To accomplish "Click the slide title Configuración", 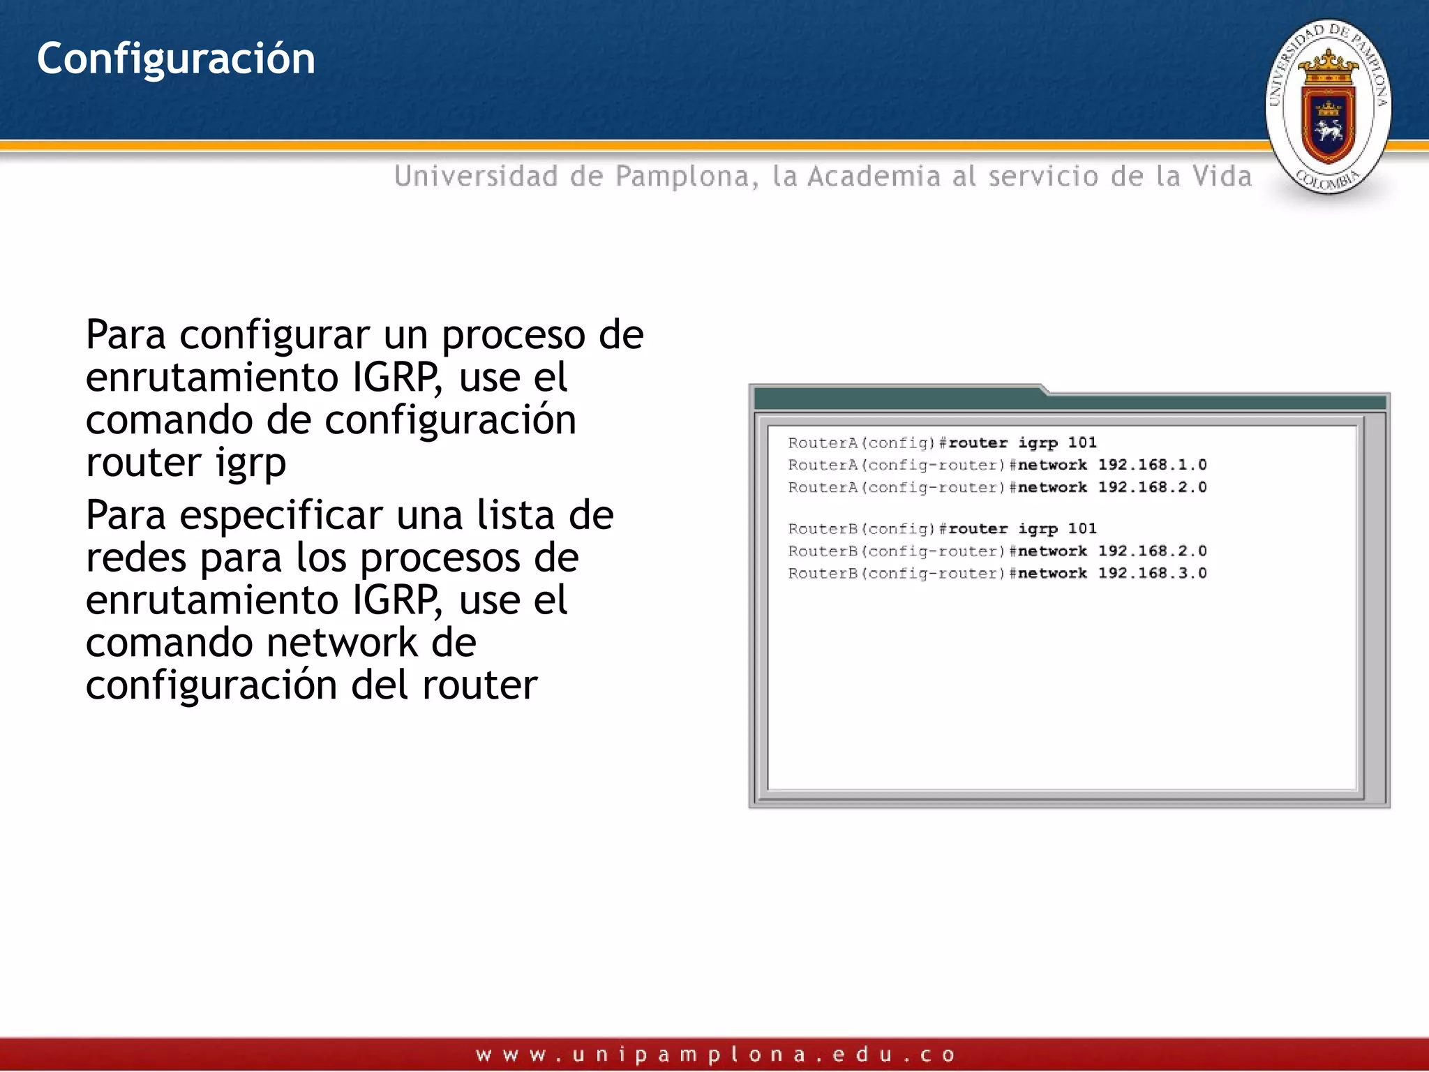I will pyautogui.click(x=176, y=59).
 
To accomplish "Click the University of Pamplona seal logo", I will pyautogui.click(x=1328, y=107).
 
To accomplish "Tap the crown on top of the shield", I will pyautogui.click(x=1328, y=66).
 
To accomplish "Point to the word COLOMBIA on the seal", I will pyautogui.click(x=1328, y=179).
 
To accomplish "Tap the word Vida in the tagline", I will pyautogui.click(x=1222, y=176).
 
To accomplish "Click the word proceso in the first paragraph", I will pyautogui.click(x=514, y=336).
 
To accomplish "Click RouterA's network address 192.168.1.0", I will pyautogui.click(x=1152, y=465).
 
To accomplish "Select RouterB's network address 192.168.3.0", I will pyautogui.click(x=1152, y=573).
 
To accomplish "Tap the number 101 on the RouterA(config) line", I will pyautogui.click(x=1082, y=442).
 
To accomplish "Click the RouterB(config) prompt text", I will pyautogui.click(x=862, y=529).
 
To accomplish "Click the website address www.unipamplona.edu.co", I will pyautogui.click(x=714, y=1055).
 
